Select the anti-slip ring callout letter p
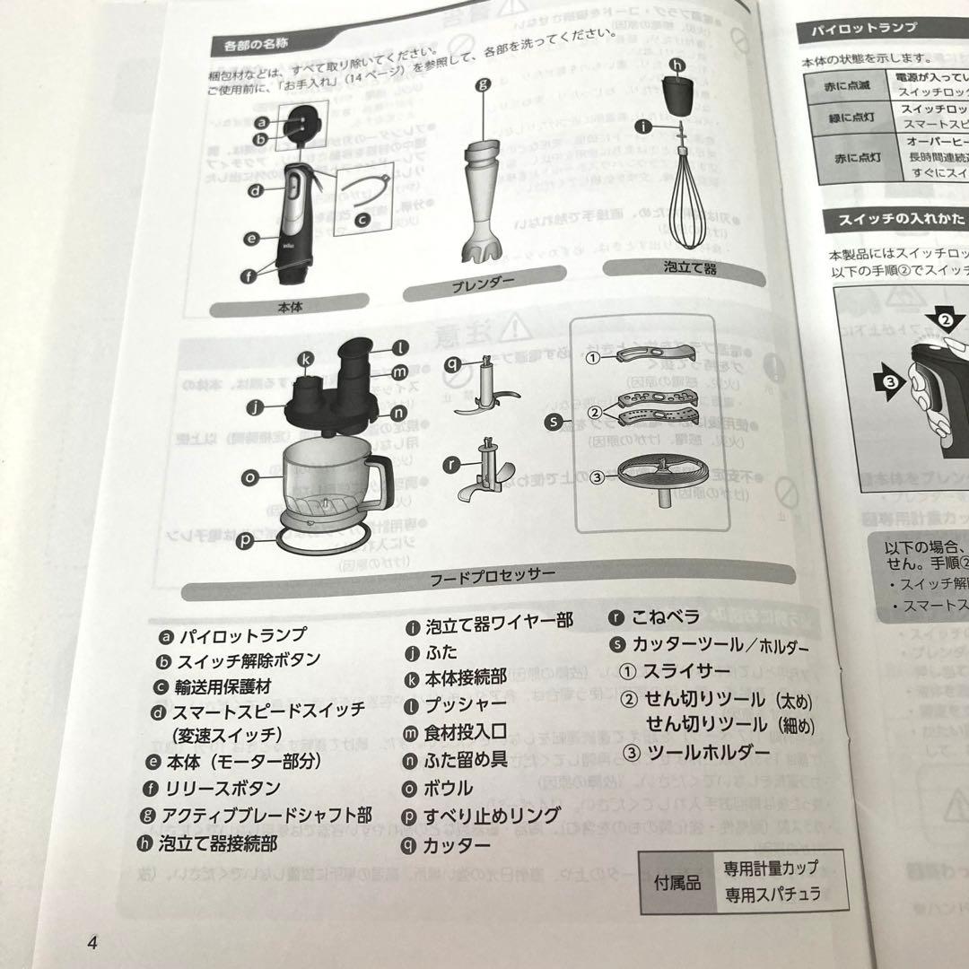251,540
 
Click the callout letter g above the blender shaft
482,87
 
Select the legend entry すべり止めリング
492,816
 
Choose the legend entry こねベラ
667,618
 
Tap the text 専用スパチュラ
773,894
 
